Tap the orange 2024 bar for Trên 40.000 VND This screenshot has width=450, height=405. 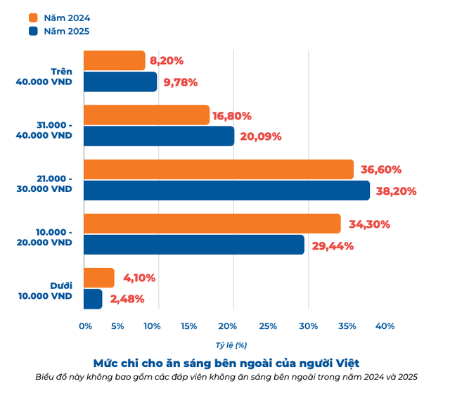pos(114,60)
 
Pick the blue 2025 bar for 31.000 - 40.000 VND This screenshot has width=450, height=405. pos(158,136)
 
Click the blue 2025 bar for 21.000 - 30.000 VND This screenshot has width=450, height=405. pos(226,191)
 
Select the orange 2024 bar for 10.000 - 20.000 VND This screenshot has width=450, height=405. pos(212,224)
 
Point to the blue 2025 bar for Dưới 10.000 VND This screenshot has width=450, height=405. pos(92,299)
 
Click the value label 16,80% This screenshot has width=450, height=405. pos(231,115)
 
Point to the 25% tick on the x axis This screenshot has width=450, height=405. pos(267,326)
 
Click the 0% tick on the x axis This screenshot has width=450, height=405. pos(85,326)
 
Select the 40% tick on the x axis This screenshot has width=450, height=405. pos(385,326)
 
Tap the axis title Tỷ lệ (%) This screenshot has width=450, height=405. pos(231,345)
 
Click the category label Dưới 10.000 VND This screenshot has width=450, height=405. pos(46,291)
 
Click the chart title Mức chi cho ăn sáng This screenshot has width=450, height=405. pos(226,363)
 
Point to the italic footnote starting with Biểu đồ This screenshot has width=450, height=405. pos(226,377)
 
